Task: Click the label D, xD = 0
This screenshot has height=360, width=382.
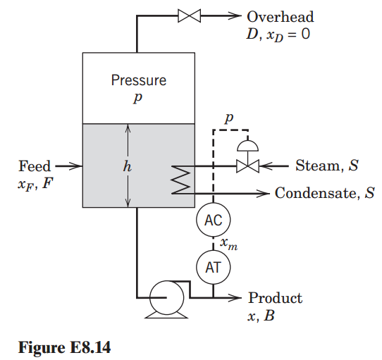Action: click(x=278, y=32)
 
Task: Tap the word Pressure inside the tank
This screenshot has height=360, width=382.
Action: click(x=139, y=80)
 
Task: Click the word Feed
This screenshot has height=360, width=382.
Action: click(x=35, y=166)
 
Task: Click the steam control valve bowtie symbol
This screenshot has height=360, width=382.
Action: click(x=247, y=166)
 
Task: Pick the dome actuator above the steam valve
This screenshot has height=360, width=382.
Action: click(x=247, y=145)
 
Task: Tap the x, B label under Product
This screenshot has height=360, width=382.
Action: click(x=261, y=316)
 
